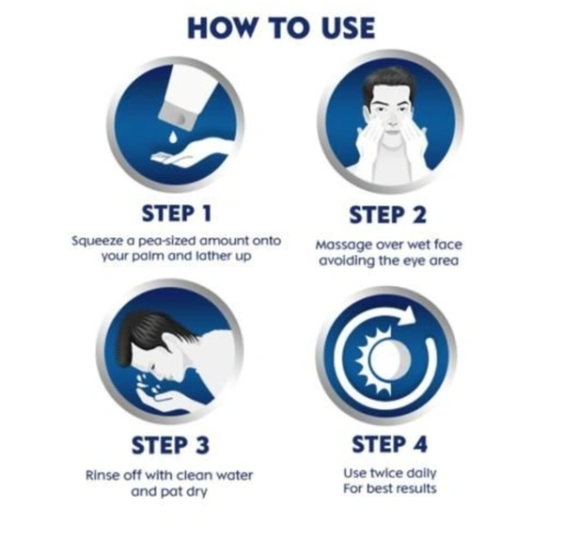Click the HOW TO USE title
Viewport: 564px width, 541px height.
281,28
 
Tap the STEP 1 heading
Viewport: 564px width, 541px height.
177,213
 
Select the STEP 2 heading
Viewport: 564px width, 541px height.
387,215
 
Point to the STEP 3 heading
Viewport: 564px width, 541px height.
170,445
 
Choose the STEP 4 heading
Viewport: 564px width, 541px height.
389,443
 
